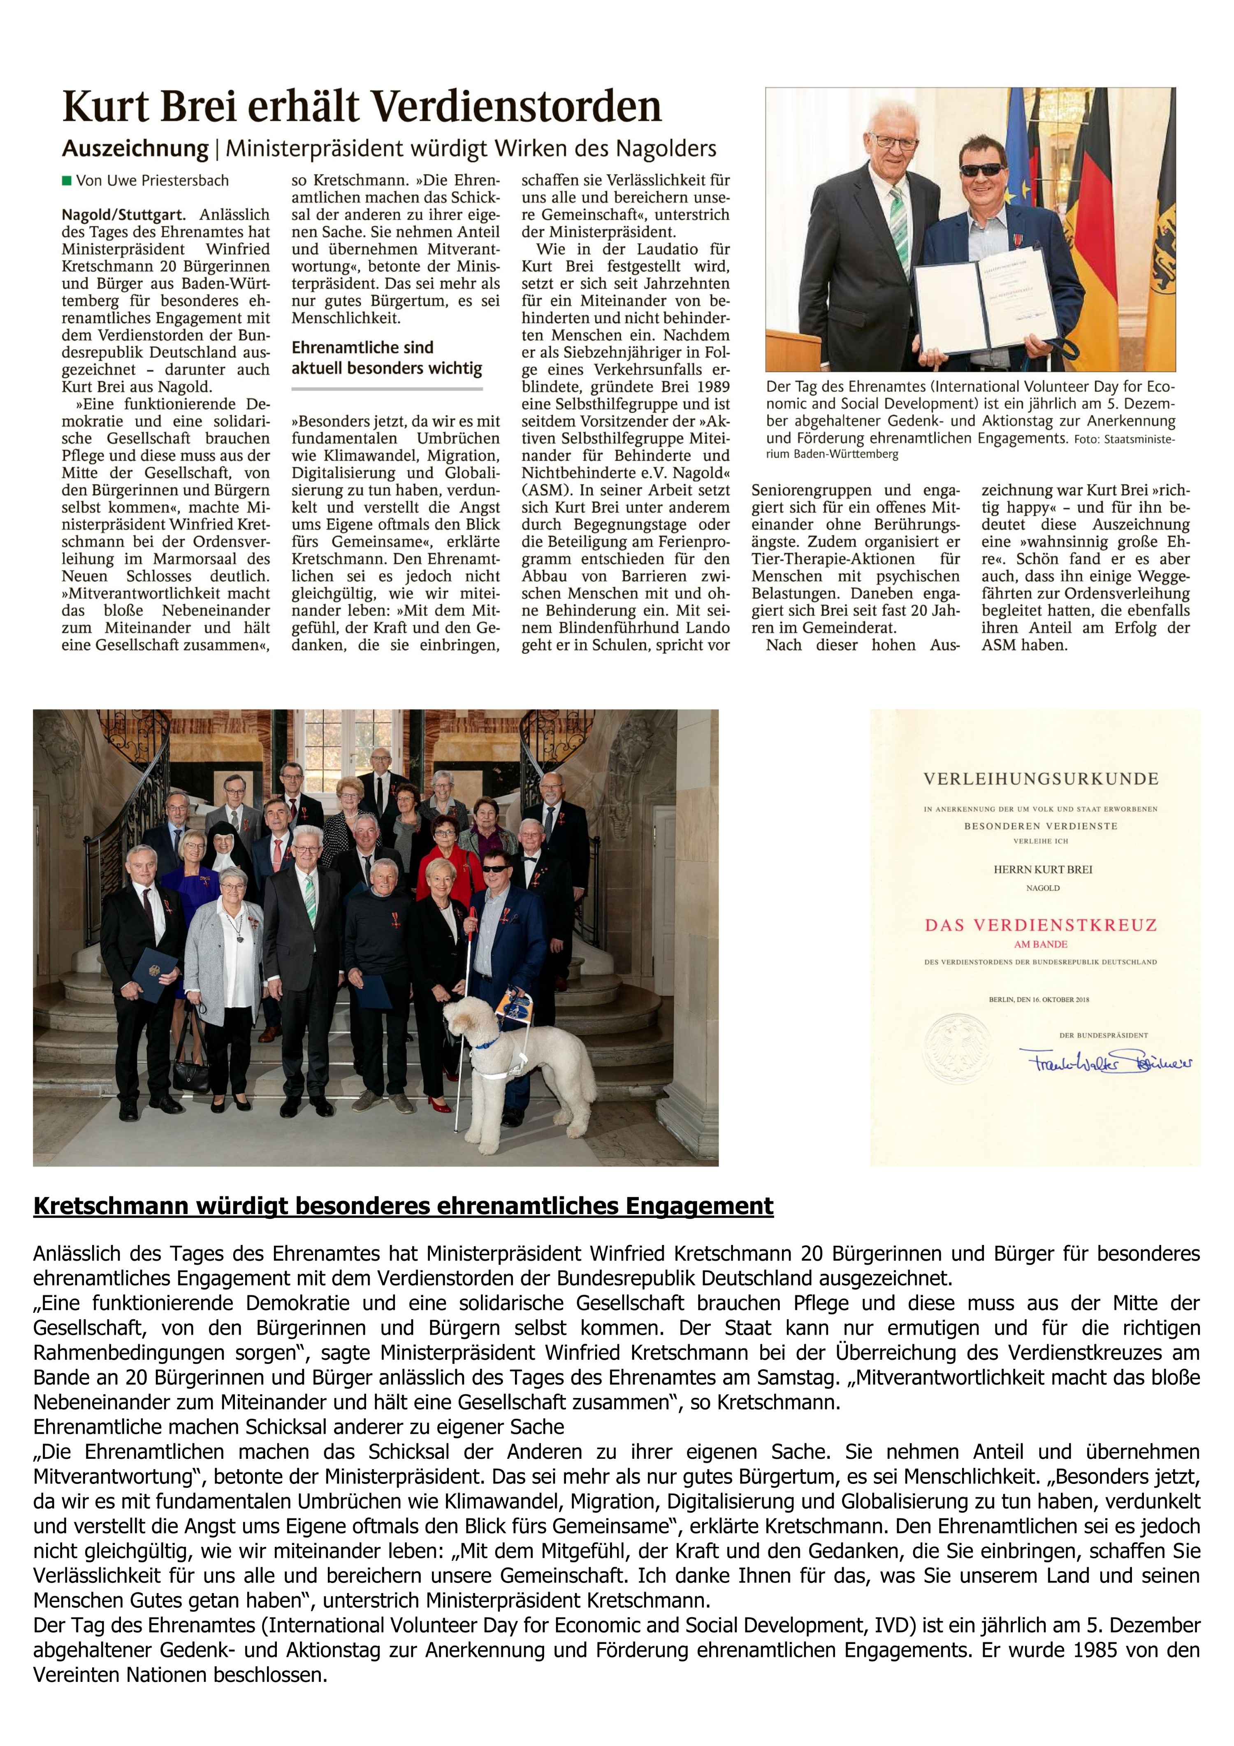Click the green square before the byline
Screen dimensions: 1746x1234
click(66, 181)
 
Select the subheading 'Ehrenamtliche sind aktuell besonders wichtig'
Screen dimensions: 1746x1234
click(386, 358)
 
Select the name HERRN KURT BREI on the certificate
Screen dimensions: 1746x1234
click(1042, 869)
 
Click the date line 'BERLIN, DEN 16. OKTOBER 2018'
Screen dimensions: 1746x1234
click(1039, 999)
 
